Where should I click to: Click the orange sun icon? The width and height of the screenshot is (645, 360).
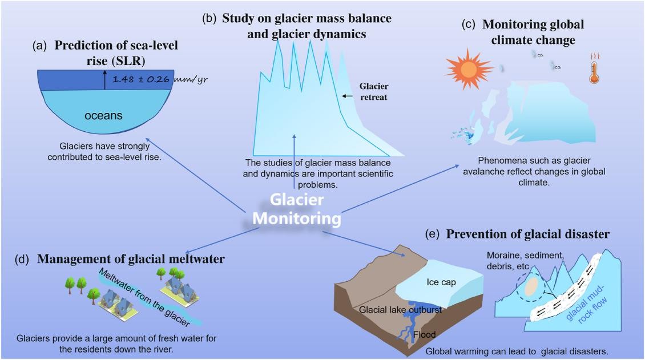pyautogui.click(x=468, y=69)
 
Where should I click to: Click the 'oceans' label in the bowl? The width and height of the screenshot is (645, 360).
pyautogui.click(x=103, y=116)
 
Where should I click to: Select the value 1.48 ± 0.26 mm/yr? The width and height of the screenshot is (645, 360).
pyautogui.click(x=160, y=79)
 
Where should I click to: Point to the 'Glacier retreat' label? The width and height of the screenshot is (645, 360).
pyautogui.click(x=373, y=92)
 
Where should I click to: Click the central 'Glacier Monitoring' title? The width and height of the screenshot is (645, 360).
pyautogui.click(x=297, y=209)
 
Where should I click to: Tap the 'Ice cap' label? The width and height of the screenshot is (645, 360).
pyautogui.click(x=441, y=282)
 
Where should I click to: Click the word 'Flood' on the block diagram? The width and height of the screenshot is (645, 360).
pyautogui.click(x=424, y=334)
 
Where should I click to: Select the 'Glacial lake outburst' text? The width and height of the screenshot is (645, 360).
pyautogui.click(x=400, y=309)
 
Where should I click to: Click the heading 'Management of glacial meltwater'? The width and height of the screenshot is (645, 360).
pyautogui.click(x=131, y=259)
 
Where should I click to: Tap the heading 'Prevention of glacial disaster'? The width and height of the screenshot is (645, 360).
pyautogui.click(x=528, y=234)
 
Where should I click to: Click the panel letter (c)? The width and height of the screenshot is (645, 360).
pyautogui.click(x=469, y=24)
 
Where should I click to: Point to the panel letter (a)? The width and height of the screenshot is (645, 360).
pyautogui.click(x=40, y=46)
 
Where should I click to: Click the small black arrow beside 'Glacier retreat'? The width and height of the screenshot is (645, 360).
pyautogui.click(x=348, y=96)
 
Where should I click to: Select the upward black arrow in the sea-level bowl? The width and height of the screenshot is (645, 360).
pyautogui.click(x=105, y=80)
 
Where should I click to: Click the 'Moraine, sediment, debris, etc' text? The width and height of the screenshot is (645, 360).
pyautogui.click(x=525, y=261)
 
